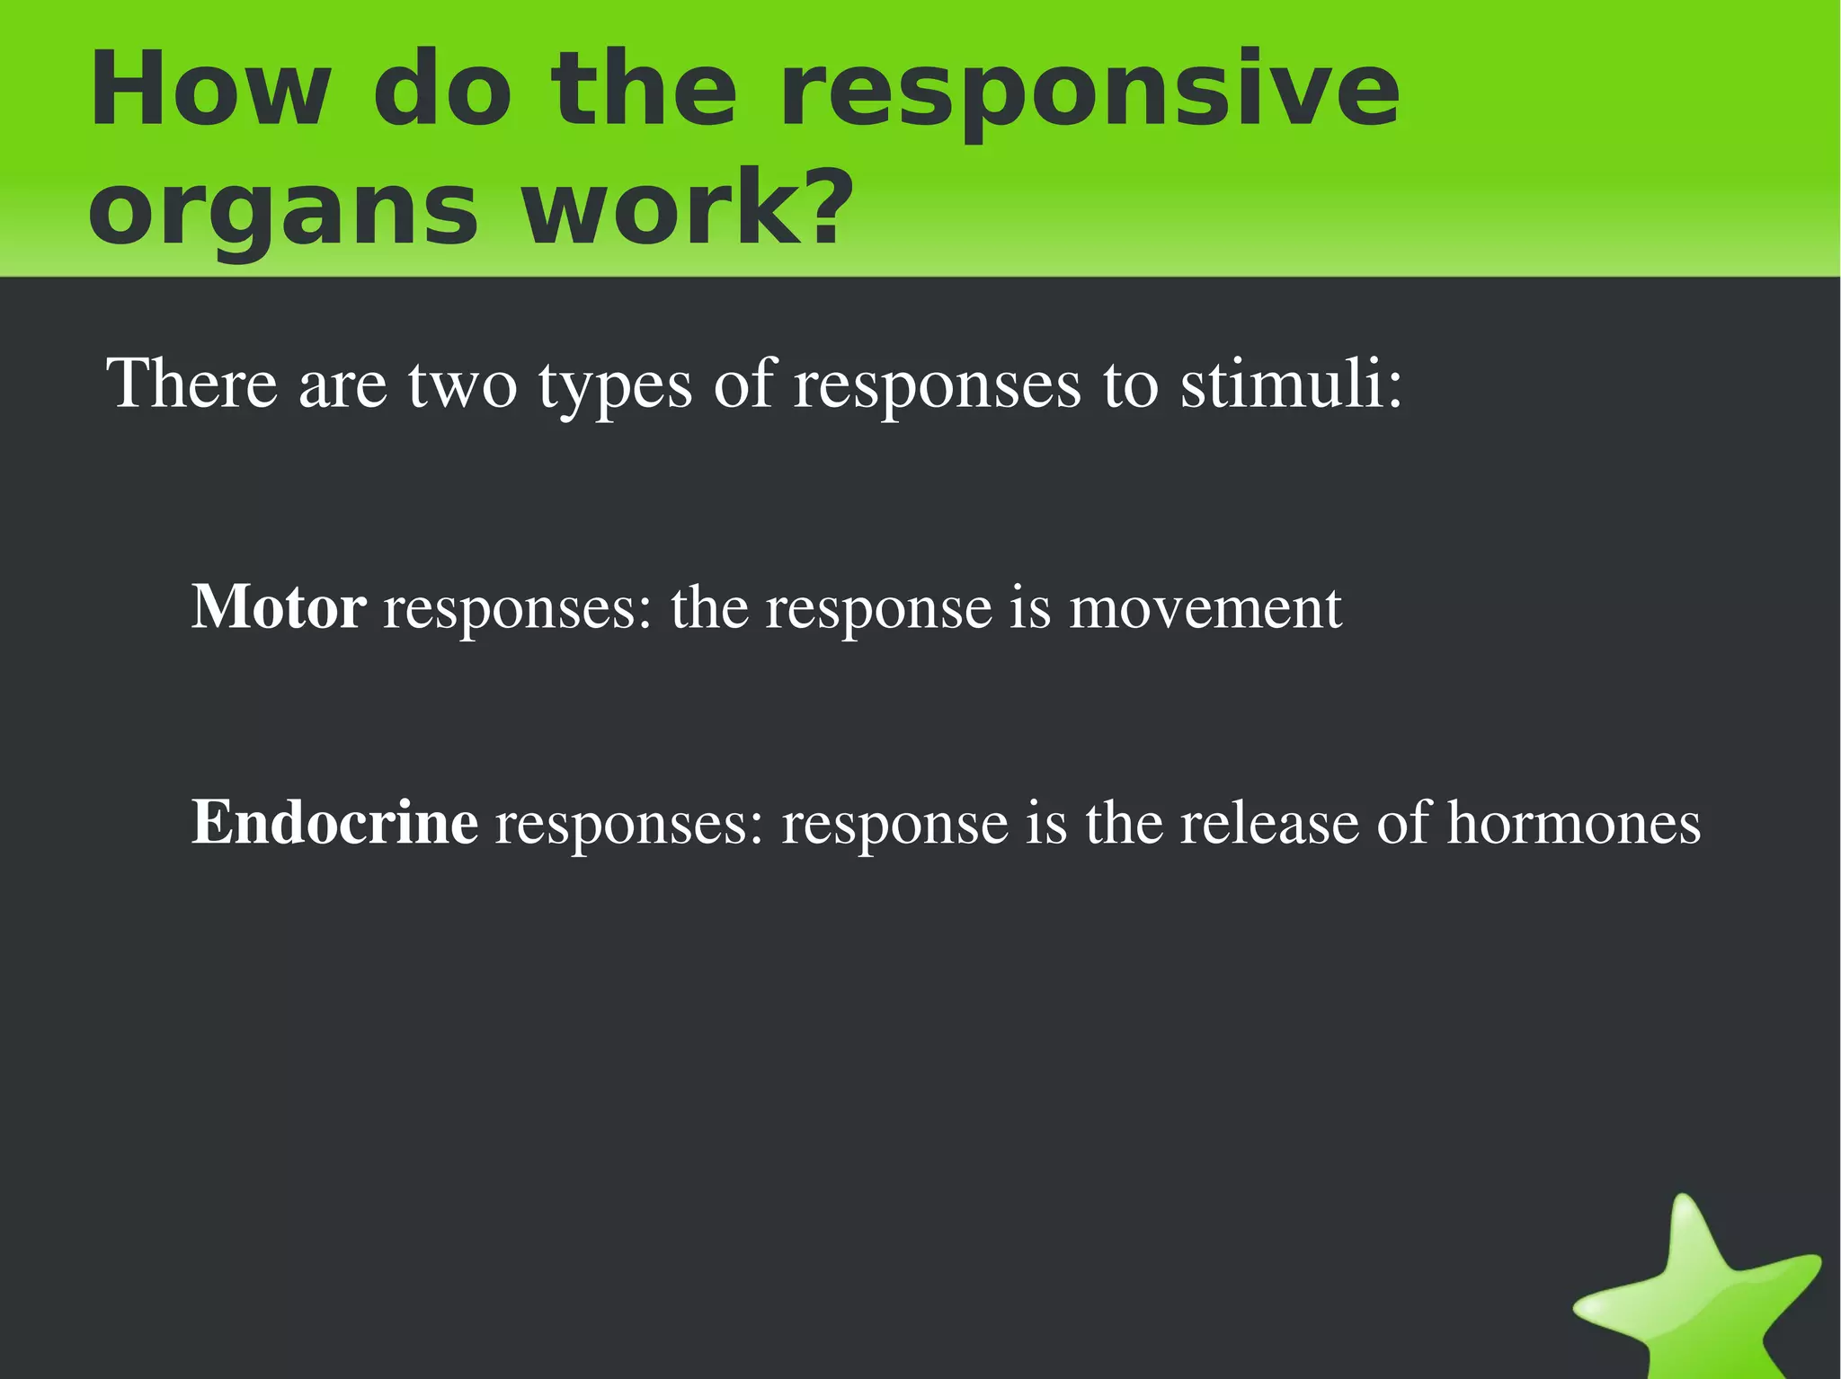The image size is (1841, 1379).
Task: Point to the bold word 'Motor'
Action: pyautogui.click(x=279, y=608)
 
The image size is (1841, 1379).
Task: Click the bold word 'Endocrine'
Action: pyautogui.click(x=334, y=823)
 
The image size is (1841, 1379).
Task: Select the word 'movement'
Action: pyautogui.click(x=1205, y=608)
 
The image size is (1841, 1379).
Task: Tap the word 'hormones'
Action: pyautogui.click(x=1573, y=823)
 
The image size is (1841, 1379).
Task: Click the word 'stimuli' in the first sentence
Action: pyautogui.click(x=1280, y=385)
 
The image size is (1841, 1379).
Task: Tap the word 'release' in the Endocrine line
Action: pyautogui.click(x=1269, y=823)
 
